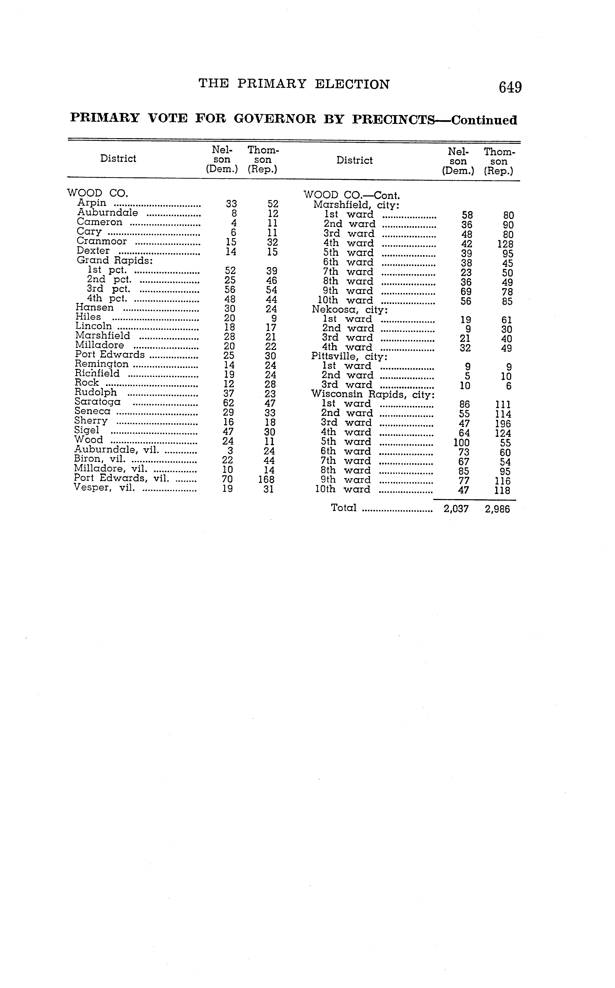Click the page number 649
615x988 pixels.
[x=510, y=87]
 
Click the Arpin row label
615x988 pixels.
[x=92, y=203]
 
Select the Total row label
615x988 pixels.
[x=344, y=508]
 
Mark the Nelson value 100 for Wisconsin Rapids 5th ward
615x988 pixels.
[x=461, y=443]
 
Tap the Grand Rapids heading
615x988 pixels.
[x=115, y=260]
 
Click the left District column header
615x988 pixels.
[x=118, y=159]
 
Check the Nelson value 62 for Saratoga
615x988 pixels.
[x=229, y=403]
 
